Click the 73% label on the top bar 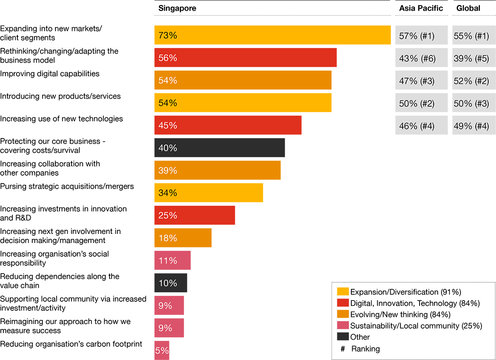coord(167,36)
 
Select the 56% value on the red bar coord(167,58)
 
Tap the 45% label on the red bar coord(167,126)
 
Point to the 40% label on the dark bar coord(167,148)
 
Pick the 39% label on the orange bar coord(167,171)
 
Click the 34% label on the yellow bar coord(167,193)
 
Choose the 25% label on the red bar coord(167,216)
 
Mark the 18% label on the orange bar coord(167,238)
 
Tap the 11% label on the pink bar coord(167,261)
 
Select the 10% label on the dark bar coord(167,284)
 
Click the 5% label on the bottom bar coord(162,351)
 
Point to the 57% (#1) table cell coord(417,36)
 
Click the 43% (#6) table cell coord(417,59)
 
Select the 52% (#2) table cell coord(471,81)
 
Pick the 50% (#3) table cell coord(471,104)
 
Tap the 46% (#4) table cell coord(417,126)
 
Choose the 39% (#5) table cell coord(471,59)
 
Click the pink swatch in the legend coord(342,326)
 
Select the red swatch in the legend coord(342,303)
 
